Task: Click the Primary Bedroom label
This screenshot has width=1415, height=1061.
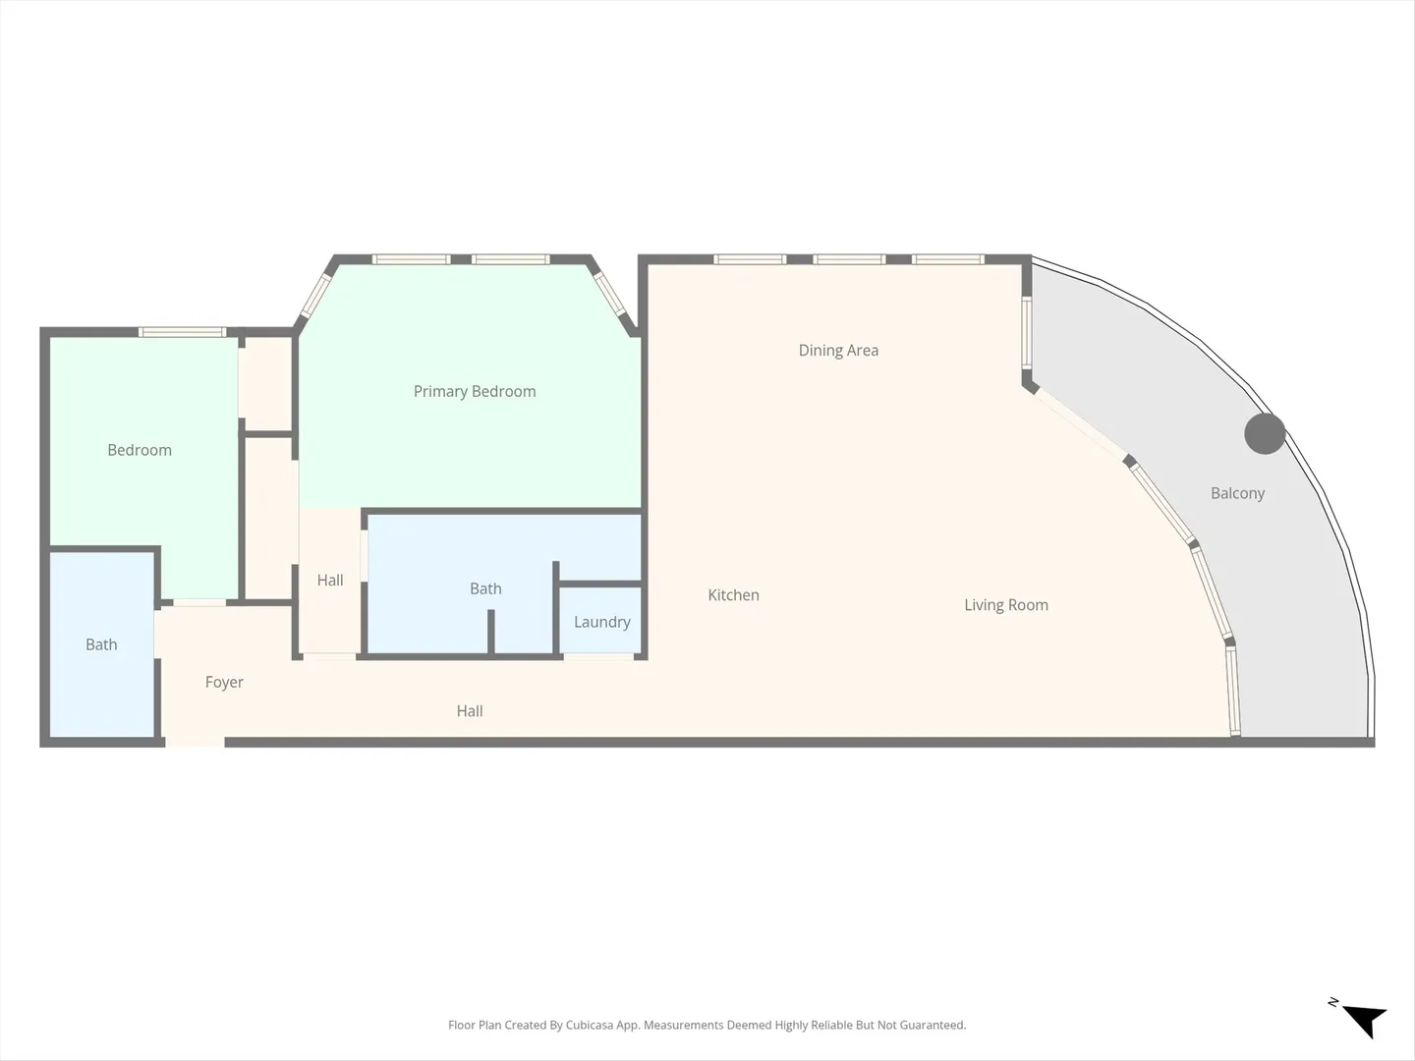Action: pyautogui.click(x=475, y=392)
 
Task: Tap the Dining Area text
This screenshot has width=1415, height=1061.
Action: pyautogui.click(x=838, y=351)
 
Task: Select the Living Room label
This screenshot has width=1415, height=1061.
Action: pyautogui.click(x=1005, y=605)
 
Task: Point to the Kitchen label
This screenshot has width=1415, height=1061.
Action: pyautogui.click(x=733, y=595)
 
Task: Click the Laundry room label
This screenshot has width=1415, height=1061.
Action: pyautogui.click(x=602, y=622)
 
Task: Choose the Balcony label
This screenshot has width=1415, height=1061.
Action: pyautogui.click(x=1237, y=493)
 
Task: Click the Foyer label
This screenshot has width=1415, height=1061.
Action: pyautogui.click(x=224, y=682)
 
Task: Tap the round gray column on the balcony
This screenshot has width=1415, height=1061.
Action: pyautogui.click(x=1265, y=433)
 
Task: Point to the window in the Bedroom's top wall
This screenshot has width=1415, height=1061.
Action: pyautogui.click(x=183, y=332)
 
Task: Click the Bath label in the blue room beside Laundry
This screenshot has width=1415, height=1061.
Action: pyautogui.click(x=485, y=588)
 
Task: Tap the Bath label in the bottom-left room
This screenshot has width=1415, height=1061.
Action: pyautogui.click(x=101, y=644)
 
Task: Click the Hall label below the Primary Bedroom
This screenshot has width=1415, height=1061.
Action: pyautogui.click(x=330, y=581)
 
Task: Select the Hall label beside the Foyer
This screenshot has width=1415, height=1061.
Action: pyautogui.click(x=470, y=711)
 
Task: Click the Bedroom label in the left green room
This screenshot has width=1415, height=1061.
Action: pyautogui.click(x=140, y=450)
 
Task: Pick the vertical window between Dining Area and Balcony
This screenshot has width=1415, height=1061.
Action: pyautogui.click(x=1026, y=332)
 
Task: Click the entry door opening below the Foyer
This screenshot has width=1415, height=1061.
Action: pyautogui.click(x=195, y=743)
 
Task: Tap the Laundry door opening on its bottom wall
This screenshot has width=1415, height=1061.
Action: pyautogui.click(x=598, y=656)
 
